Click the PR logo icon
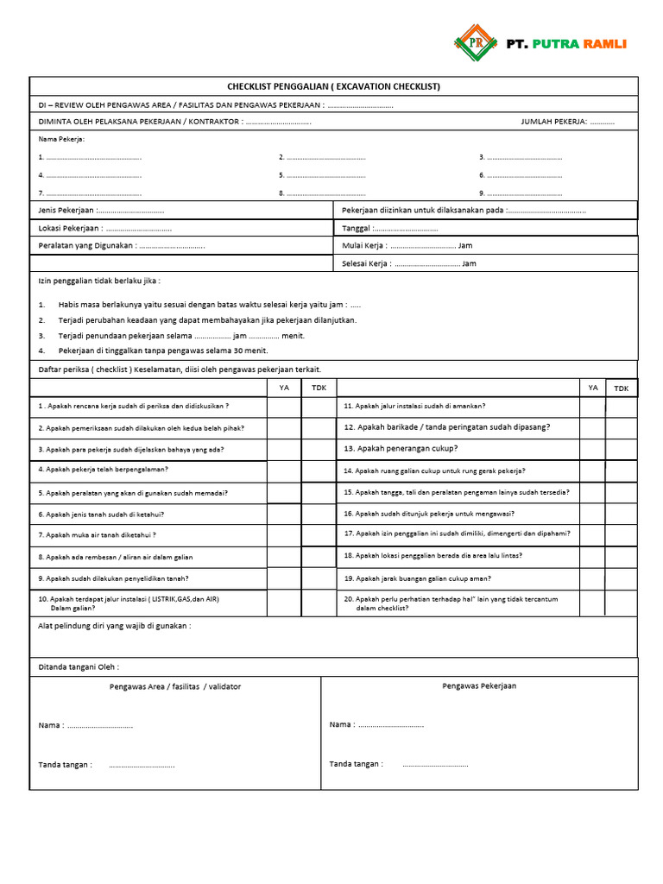pos(477,42)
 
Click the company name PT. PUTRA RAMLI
pos(565,43)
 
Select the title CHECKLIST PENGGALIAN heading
pos(333,86)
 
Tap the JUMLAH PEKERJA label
pos(553,122)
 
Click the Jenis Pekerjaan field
pos(129,211)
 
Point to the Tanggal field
pos(406,229)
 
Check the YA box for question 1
pos(284,406)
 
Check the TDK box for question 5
pos(319,493)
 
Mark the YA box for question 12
pos(592,427)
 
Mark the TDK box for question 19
pos(622,578)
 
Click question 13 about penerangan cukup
pos(401,449)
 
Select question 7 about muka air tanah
pos(97,535)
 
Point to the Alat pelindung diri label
pos(114,626)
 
